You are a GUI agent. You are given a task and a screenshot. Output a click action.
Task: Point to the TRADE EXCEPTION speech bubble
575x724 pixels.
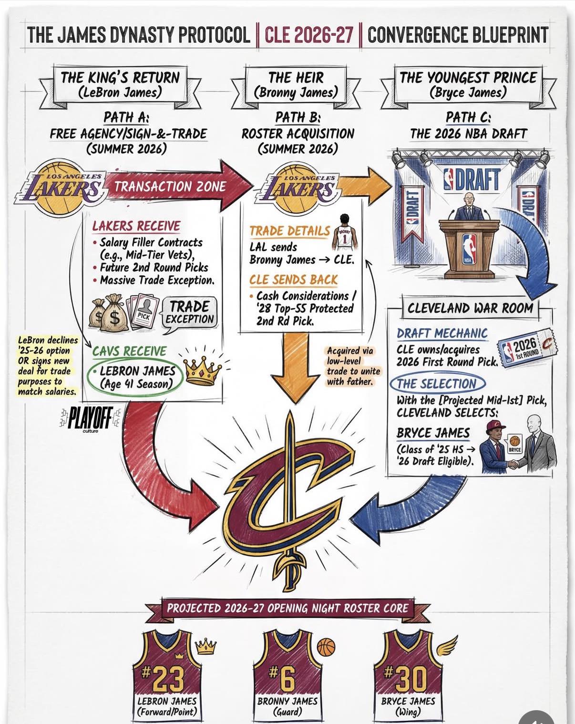coord(190,312)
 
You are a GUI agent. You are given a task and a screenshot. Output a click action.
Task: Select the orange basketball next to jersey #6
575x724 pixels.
coord(326,647)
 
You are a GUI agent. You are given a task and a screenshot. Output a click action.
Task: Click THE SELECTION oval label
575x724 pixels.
coord(437,383)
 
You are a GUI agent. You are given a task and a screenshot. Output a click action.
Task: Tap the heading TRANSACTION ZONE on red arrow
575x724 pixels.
coord(170,186)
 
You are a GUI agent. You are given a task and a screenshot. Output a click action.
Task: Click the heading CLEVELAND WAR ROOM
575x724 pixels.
coord(470,308)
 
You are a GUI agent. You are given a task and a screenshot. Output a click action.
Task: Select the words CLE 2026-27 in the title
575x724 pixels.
coord(308,35)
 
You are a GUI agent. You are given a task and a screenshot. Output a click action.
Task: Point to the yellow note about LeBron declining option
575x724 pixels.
coord(47,366)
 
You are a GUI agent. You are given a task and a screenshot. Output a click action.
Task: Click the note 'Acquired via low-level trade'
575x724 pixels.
coord(353,366)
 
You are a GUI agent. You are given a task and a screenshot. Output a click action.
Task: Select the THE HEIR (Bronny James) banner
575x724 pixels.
coord(296,85)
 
